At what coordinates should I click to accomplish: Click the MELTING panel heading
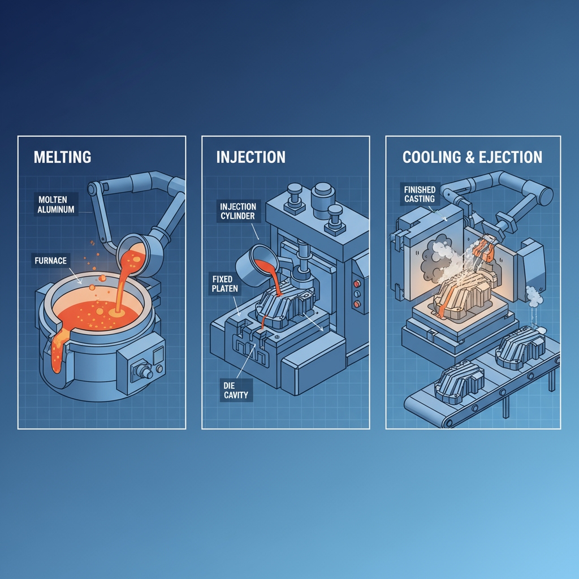point(62,157)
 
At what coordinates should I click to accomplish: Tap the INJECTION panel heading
point(250,157)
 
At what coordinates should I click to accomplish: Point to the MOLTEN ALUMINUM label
point(56,204)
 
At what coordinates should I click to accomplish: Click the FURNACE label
point(50,261)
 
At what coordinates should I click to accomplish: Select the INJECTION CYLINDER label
point(238,211)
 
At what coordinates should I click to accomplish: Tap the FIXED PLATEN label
point(225,284)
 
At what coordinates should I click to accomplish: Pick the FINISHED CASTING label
point(420,195)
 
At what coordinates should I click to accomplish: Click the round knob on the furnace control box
point(144,371)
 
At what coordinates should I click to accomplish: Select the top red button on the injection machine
point(357,284)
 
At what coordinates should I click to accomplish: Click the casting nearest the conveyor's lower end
point(459,382)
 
